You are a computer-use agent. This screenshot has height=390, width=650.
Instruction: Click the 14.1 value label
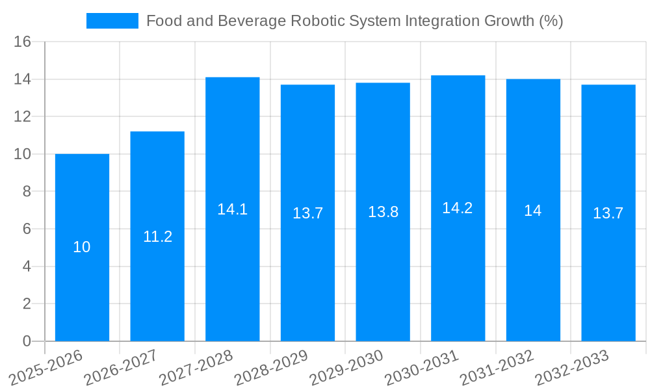[x=232, y=209]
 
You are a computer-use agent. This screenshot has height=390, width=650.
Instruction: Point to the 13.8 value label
[x=383, y=212]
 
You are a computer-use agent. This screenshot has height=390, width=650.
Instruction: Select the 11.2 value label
[x=157, y=237]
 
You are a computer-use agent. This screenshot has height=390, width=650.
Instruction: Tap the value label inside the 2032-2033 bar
[x=608, y=213]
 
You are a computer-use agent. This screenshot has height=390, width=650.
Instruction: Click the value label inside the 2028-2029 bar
[x=307, y=213]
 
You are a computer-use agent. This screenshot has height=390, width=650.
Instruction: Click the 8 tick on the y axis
[x=27, y=192]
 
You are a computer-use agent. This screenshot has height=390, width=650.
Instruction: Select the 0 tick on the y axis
[x=27, y=341]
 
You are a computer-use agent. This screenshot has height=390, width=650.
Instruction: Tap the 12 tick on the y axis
[x=23, y=117]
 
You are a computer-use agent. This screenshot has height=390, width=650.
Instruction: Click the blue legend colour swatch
[x=112, y=21]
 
